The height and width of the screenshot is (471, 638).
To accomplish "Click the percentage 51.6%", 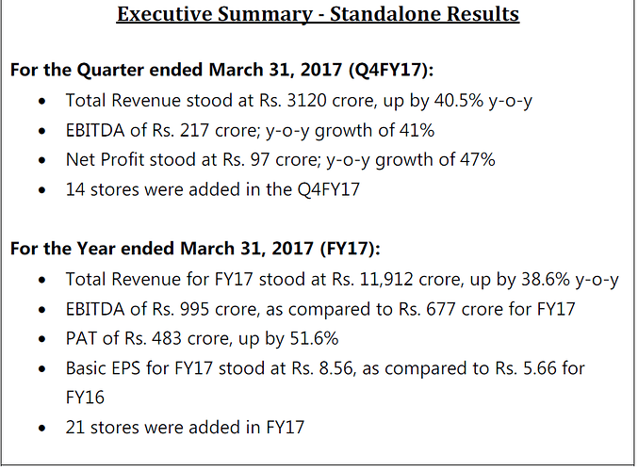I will point(309,338).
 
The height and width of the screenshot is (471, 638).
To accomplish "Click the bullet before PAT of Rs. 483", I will point(37,339).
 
